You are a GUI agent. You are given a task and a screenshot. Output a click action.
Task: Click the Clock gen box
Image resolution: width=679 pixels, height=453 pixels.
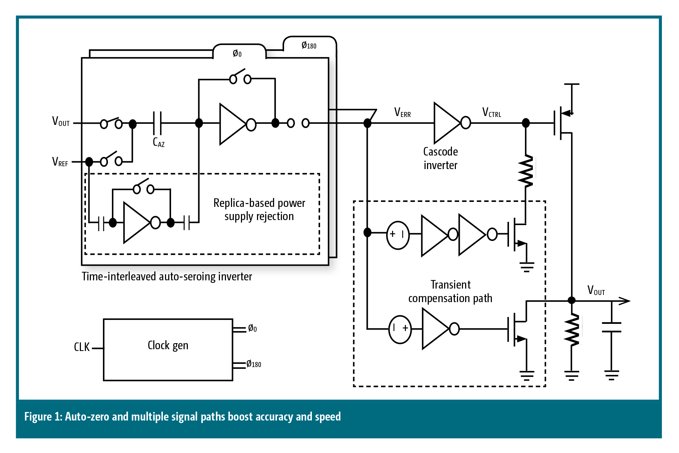[168, 349]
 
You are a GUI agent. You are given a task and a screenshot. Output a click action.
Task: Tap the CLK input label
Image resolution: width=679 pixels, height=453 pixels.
[82, 347]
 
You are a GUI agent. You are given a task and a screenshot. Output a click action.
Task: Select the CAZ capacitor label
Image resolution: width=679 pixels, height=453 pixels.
[159, 142]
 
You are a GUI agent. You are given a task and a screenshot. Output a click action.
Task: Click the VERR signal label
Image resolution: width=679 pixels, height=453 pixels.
[402, 113]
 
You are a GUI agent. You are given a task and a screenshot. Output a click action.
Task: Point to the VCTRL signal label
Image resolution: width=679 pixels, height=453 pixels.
[492, 113]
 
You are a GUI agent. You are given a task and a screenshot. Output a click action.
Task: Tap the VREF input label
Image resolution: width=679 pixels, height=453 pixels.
[60, 162]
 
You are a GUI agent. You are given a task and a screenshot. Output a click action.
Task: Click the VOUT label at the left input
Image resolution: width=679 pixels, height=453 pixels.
[61, 121]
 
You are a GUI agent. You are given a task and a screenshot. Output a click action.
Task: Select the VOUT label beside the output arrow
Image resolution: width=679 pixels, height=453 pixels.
[596, 290]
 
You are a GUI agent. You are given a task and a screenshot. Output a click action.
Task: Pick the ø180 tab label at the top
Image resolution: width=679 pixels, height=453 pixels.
[309, 45]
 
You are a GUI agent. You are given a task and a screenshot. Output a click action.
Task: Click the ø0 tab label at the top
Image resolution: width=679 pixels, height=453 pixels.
[237, 54]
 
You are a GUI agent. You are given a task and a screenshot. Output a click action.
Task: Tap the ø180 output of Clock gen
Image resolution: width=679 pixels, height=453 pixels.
[254, 364]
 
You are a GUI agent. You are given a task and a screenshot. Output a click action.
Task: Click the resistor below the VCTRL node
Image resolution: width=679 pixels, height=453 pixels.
[526, 171]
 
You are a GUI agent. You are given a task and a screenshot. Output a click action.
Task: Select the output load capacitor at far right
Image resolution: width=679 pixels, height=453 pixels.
[611, 327]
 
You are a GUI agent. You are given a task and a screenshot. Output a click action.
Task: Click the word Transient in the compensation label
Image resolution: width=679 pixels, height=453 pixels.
[451, 285]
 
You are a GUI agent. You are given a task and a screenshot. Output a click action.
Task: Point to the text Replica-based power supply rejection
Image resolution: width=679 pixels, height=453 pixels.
[259, 209]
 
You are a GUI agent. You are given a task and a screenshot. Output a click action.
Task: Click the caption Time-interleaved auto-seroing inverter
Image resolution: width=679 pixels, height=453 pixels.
[167, 276]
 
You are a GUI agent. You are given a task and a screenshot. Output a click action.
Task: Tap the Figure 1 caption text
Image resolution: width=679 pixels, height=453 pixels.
[182, 417]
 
